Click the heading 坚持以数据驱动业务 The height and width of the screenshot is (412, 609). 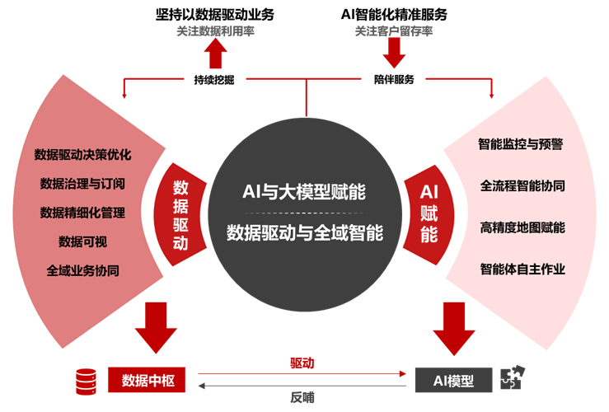218,14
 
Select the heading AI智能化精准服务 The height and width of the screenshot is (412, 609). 394,14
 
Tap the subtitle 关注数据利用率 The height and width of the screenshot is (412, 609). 217,31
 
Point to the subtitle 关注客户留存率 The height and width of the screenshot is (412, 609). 394,31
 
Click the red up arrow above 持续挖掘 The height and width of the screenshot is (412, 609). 217,54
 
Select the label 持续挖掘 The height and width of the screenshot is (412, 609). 217,81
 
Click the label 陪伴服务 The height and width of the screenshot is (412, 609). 394,81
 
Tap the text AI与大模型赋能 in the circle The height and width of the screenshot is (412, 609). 304,192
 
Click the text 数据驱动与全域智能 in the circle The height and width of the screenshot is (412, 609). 305,232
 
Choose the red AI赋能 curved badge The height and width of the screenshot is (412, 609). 429,213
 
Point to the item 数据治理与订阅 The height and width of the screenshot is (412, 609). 82,183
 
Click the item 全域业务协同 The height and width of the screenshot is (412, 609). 82,270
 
